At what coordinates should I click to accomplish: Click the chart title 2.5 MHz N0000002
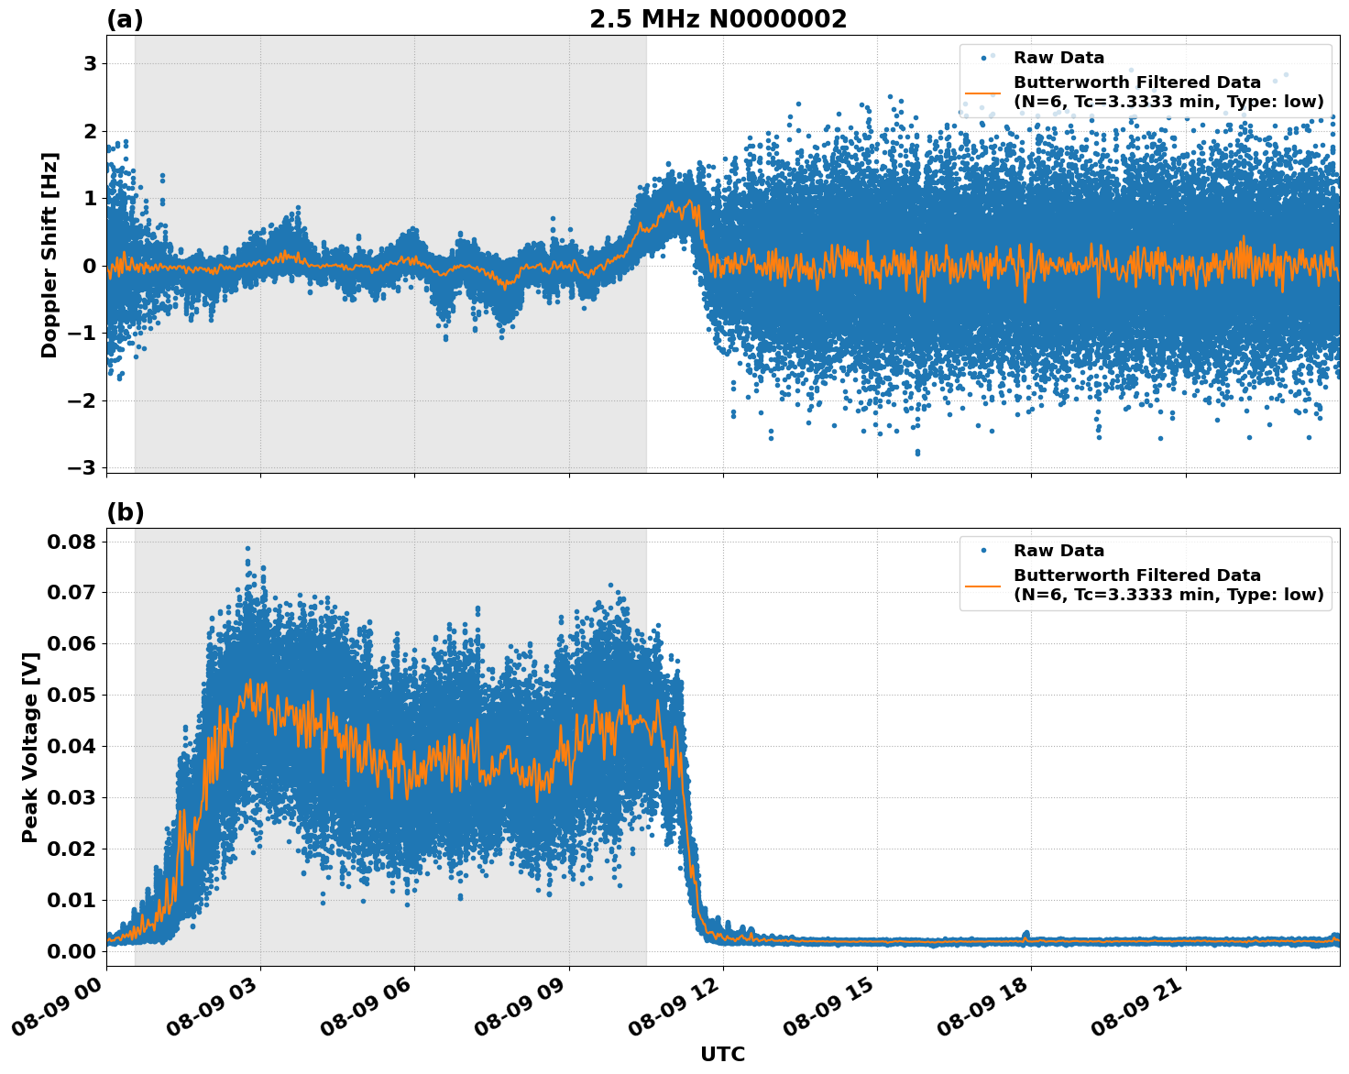point(718,19)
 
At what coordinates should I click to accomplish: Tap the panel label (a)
point(125,19)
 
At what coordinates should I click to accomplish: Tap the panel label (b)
point(125,512)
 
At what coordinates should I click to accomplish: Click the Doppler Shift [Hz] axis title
point(49,255)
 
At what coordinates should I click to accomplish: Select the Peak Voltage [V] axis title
point(30,747)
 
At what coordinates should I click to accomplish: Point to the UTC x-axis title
point(722,1054)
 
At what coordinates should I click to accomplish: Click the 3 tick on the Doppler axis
point(90,63)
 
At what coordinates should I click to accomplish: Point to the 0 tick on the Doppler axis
point(90,266)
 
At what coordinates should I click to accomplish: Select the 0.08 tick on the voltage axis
point(71,542)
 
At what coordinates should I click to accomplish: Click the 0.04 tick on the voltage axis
point(71,746)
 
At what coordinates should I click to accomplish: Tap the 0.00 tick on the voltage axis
point(71,951)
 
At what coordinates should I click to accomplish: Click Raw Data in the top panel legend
point(1058,58)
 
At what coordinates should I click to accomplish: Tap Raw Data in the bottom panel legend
point(1058,551)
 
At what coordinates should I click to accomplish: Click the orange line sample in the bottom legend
point(983,585)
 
